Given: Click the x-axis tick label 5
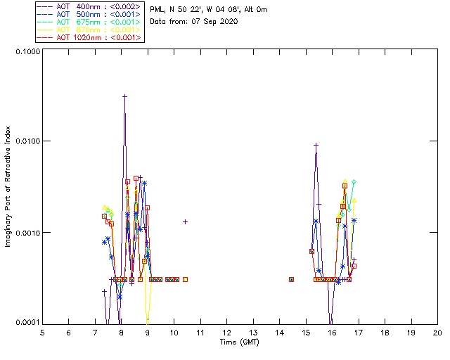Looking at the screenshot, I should [42, 332].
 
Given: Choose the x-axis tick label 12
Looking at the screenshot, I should [226, 332].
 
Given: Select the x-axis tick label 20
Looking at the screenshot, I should [437, 332].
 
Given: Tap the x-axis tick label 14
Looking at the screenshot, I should [279, 332].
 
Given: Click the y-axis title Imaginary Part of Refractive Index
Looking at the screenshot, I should [8, 187].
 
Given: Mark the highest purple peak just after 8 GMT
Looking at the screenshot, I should [124, 96].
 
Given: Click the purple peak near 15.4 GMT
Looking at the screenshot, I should [316, 145].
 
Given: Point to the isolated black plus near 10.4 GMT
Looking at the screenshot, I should [185, 221].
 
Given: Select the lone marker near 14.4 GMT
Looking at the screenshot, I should [291, 279].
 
